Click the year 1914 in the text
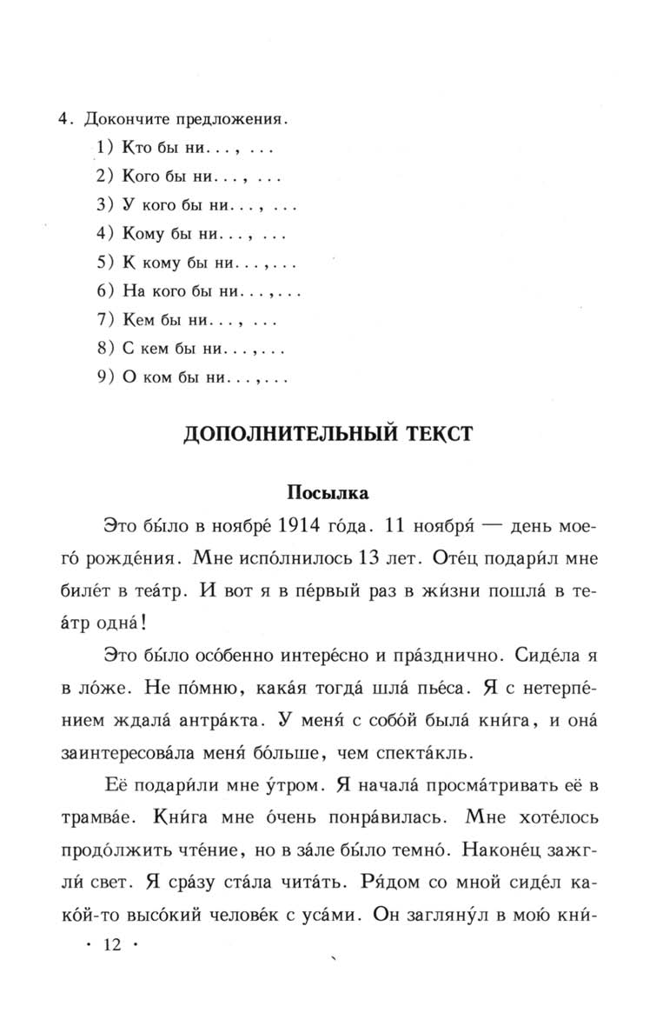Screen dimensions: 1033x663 [x=307, y=526]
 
